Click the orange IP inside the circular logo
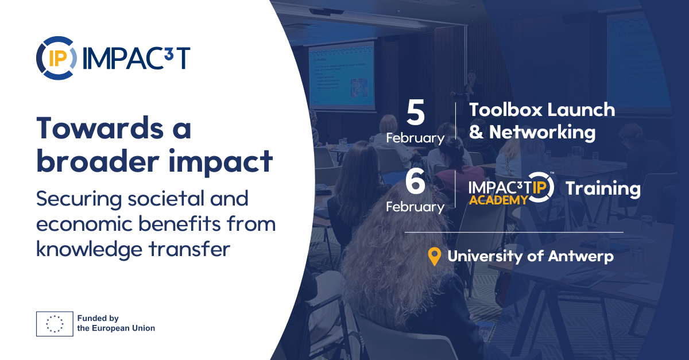click(58, 58)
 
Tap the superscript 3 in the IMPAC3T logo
click(169, 53)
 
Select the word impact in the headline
click(220, 162)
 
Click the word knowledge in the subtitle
click(89, 250)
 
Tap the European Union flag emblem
click(55, 324)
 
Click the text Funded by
click(98, 318)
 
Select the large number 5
click(416, 113)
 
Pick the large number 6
click(415, 181)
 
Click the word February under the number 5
click(415, 138)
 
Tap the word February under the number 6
click(415, 207)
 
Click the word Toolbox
click(505, 110)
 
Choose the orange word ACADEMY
click(498, 200)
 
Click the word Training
click(603, 189)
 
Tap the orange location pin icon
click(434, 257)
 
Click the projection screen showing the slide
click(342, 75)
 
